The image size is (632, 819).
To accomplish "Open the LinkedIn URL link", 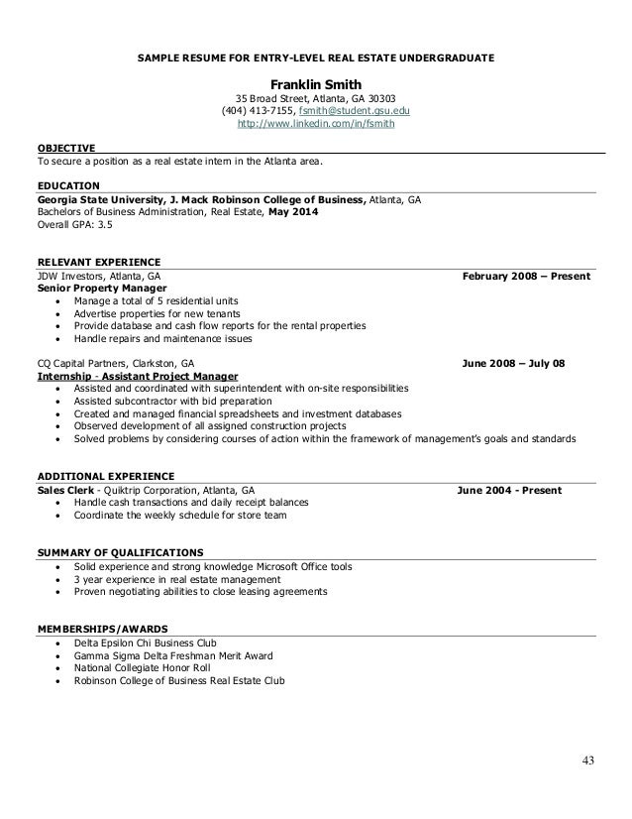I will coord(316,126).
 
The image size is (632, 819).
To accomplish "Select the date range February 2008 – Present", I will coord(526,276).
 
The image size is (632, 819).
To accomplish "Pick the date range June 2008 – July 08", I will coord(514,364).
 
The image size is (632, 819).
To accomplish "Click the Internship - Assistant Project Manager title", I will coord(137,377).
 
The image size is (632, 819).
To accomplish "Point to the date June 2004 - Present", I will coord(508,490).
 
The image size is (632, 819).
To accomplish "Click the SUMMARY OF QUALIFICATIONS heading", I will coord(120,552).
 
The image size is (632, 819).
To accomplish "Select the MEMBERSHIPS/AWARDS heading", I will coord(101,629).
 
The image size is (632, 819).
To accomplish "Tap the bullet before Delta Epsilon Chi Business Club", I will coord(62,643).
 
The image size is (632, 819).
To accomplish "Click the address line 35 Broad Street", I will coord(315,98).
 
